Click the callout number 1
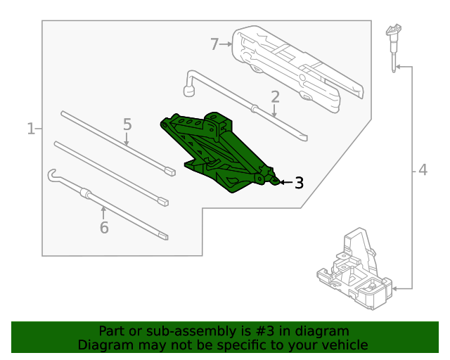coord(31,129)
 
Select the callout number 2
coord(275,96)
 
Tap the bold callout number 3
coord(299,183)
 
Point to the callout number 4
coord(423,169)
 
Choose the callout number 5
coord(127,124)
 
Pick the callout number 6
coord(104,227)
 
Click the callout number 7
coord(215,44)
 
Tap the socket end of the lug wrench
coord(188,89)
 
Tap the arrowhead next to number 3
coord(283,183)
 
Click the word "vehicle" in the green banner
coord(343,345)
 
